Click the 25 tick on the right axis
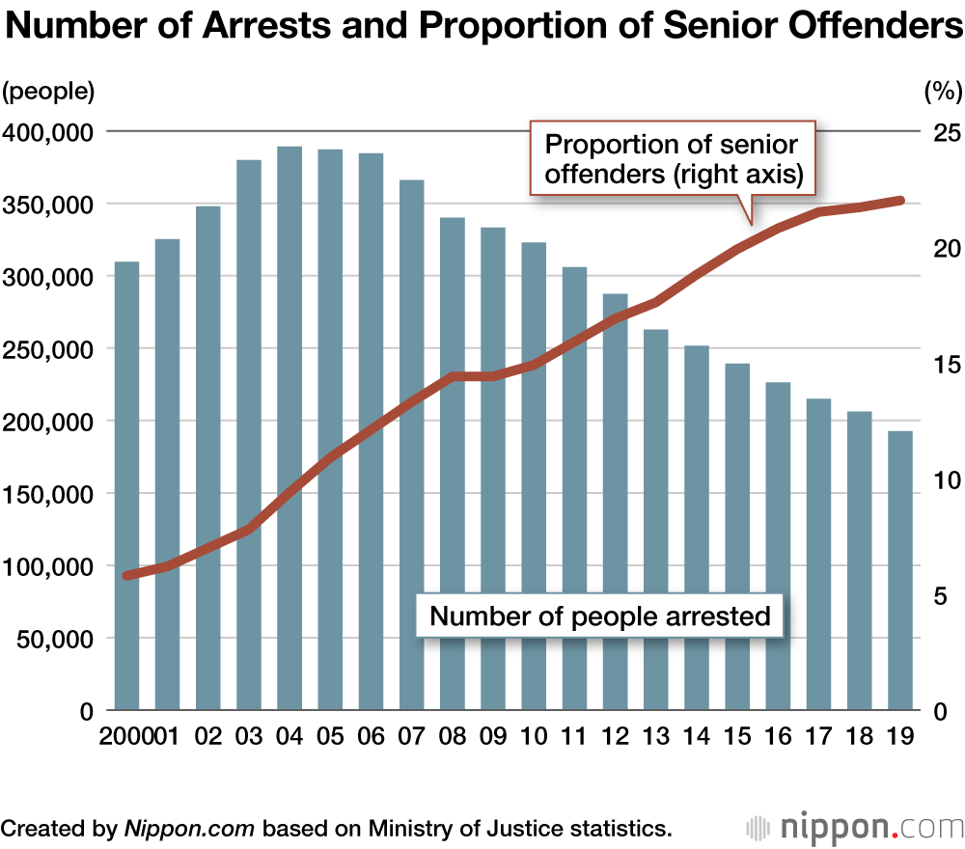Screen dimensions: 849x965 pyautogui.click(x=943, y=131)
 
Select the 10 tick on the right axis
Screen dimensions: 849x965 pyautogui.click(x=943, y=479)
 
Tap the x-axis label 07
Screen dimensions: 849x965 pyautogui.click(x=411, y=738)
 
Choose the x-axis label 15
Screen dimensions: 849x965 pyautogui.click(x=736, y=738)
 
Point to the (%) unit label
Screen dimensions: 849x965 pyautogui.click(x=943, y=93)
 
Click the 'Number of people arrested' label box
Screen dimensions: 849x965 pyautogui.click(x=600, y=616)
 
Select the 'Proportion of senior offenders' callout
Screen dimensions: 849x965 pyautogui.click(x=673, y=159)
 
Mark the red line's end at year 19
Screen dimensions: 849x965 pyautogui.click(x=899, y=201)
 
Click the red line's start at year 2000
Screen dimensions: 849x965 pyautogui.click(x=127, y=575)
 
